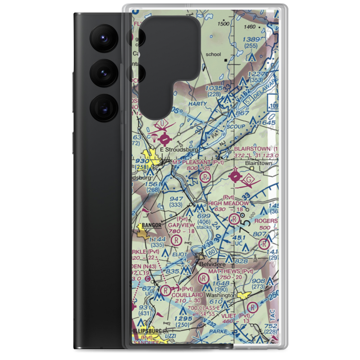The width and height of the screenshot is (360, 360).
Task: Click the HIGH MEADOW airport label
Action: [x=228, y=203]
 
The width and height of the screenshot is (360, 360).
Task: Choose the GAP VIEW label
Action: [x=181, y=225]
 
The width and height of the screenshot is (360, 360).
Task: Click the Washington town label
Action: [x=221, y=295]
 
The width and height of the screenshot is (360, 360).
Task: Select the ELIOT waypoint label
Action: [x=180, y=254]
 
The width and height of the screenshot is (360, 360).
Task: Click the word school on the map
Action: [x=213, y=55]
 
